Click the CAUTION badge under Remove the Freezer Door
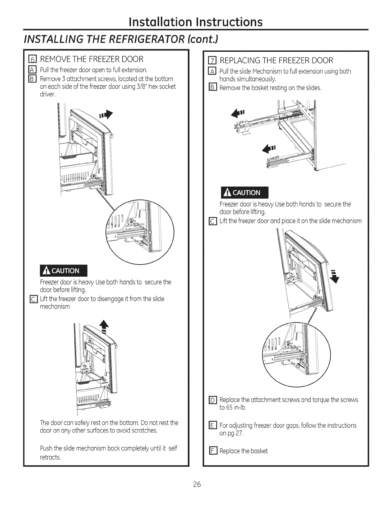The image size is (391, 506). (63, 271)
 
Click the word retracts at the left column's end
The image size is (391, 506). (50, 457)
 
